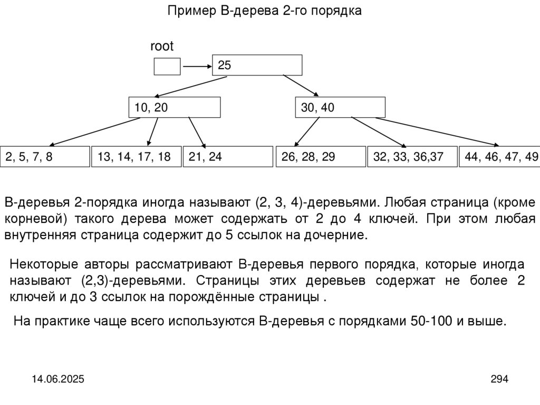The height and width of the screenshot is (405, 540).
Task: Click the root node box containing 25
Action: pos(257,65)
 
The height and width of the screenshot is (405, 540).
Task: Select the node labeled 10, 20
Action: pos(175,107)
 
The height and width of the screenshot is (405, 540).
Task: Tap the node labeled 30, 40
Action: pos(340,107)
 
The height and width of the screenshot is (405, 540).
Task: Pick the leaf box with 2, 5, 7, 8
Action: pos(45,157)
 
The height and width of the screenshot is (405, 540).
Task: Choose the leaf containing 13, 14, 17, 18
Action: pos(136,157)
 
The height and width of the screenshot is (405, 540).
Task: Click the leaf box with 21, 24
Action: pos(226,157)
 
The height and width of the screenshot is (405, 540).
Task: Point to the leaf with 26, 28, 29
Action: pos(321,157)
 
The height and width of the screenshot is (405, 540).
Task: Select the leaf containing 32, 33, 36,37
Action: pos(412,157)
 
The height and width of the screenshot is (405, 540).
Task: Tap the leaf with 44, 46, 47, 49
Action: pos(500,157)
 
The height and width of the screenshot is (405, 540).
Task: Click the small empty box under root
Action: pos(167,66)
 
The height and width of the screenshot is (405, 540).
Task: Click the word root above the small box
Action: pos(162,46)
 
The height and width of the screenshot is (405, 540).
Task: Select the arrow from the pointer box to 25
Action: pos(196,67)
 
